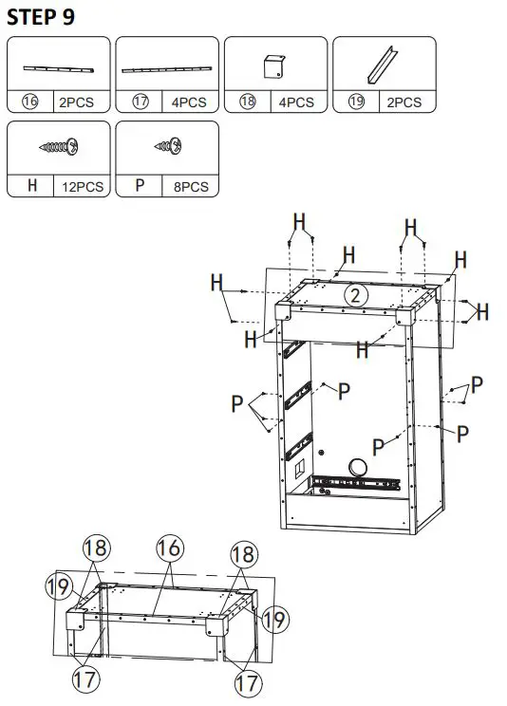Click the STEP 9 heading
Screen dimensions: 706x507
point(42,16)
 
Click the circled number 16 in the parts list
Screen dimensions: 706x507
point(29,102)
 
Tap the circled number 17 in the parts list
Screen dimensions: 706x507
point(140,102)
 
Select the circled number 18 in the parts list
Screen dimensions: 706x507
point(248,102)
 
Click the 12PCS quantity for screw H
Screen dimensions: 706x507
point(83,186)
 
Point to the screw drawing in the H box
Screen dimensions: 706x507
point(59,147)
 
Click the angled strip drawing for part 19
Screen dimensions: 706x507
point(384,65)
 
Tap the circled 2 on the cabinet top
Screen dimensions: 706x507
point(355,295)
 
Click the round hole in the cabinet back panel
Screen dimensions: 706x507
point(358,466)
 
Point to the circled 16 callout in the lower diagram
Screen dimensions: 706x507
point(168,549)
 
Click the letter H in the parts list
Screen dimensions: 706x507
point(32,186)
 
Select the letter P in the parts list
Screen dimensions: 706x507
point(141,186)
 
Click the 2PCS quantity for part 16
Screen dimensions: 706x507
point(75,102)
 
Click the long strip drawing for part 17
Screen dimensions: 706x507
point(166,69)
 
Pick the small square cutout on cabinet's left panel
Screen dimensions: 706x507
point(299,470)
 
